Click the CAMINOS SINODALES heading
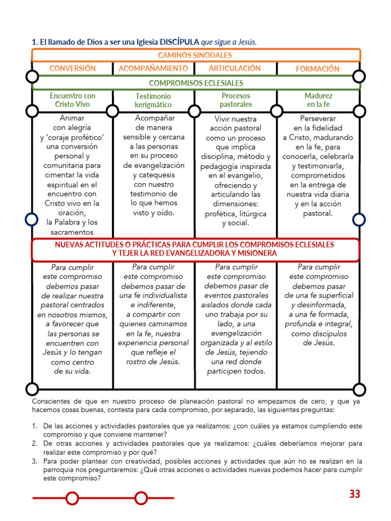coord(195,55)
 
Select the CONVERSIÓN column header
coord(72,68)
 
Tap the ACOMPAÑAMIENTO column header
coord(153,68)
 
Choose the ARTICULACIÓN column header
coord(235,68)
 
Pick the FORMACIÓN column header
coord(318,69)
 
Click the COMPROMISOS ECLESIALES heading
coord(196,83)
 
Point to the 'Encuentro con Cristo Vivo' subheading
coord(72,100)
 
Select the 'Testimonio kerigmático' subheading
coord(153,100)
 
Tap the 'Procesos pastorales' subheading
coord(236,100)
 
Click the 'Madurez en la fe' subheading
coord(319,100)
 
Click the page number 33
coord(355,494)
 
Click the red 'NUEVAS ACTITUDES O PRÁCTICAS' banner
coord(195,249)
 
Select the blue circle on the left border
coord(32,219)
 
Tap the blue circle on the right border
coord(359,219)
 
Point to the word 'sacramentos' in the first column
coord(72,232)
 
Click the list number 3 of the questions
coord(34,461)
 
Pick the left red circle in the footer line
coord(72,498)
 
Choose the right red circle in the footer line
coord(142,498)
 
